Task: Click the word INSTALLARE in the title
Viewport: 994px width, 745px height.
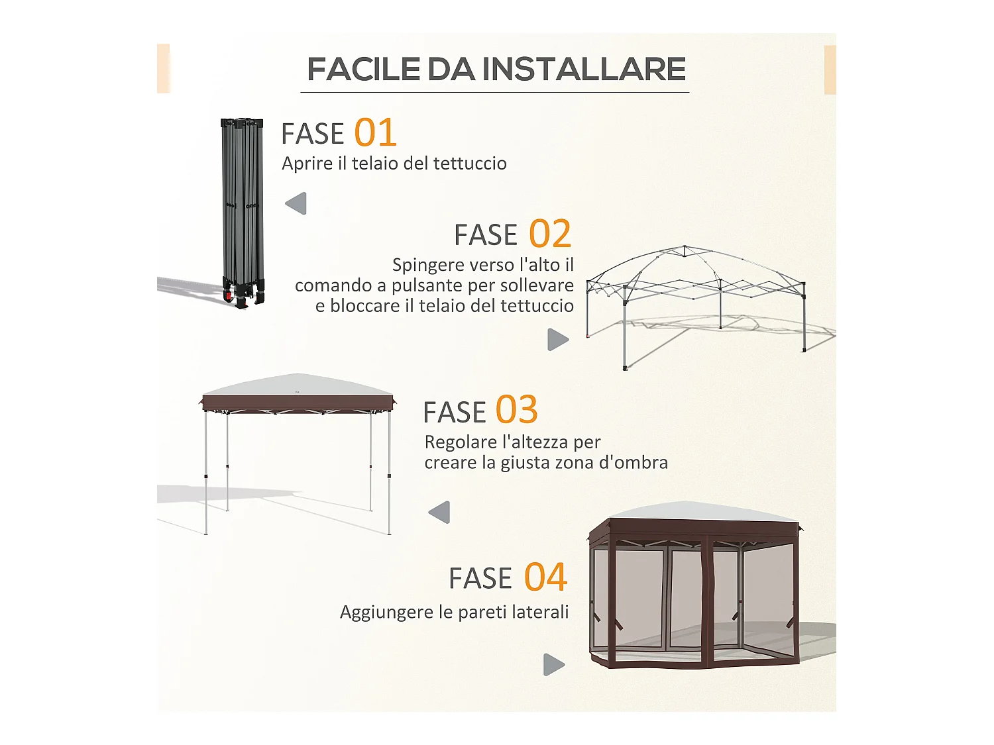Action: pyautogui.click(x=583, y=70)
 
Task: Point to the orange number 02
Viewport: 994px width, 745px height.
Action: pyautogui.click(x=549, y=234)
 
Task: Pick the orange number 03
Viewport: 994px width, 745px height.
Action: pyautogui.click(x=516, y=410)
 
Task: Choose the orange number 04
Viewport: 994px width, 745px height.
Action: pyautogui.click(x=545, y=577)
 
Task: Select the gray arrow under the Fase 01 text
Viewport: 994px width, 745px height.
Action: pyautogui.click(x=296, y=203)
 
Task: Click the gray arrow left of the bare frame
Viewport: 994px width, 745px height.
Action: pyautogui.click(x=558, y=340)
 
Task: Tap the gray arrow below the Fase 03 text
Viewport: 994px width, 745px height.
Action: pyautogui.click(x=439, y=512)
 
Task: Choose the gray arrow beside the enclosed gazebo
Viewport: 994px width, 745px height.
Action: pyautogui.click(x=554, y=664)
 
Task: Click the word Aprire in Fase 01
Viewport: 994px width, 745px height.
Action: pyautogui.click(x=307, y=164)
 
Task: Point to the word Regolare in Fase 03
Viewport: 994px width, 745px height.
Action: pyautogui.click(x=461, y=442)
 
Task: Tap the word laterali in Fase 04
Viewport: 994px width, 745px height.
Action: pyautogui.click(x=541, y=612)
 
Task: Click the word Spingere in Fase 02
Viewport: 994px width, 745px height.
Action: pyautogui.click(x=424, y=265)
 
